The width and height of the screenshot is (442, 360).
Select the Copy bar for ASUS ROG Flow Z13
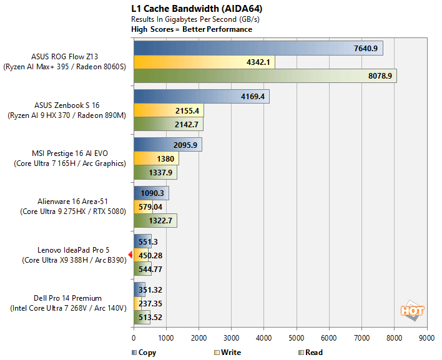click(x=258, y=49)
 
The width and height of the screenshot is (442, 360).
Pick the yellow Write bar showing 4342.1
click(x=204, y=62)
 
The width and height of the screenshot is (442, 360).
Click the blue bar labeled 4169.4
click(x=201, y=97)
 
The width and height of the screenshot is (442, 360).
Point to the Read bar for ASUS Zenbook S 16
click(x=168, y=124)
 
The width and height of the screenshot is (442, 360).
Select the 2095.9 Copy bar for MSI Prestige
click(x=167, y=145)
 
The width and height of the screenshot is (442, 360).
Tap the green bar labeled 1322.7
click(x=155, y=221)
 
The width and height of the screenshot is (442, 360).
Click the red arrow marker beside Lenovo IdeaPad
click(x=130, y=255)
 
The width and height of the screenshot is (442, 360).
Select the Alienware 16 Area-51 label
click(x=69, y=202)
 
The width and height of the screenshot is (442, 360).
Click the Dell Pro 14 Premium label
click(x=69, y=298)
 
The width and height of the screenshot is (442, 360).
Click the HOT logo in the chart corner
click(x=412, y=310)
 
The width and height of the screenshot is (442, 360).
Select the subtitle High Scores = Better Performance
click(x=192, y=29)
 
